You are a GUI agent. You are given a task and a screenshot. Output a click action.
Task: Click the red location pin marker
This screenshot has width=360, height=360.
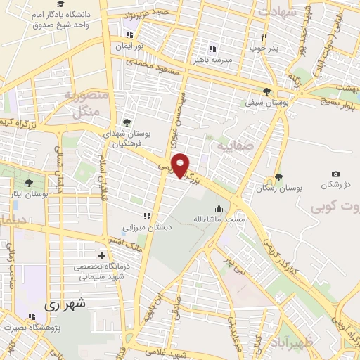click(x=181, y=165)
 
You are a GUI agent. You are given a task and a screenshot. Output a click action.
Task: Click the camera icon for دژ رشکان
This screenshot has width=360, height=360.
click(x=335, y=174)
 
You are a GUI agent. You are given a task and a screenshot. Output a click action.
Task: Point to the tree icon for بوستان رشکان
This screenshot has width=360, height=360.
click(x=279, y=177)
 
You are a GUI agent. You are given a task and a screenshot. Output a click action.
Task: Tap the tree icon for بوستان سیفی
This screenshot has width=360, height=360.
click(x=266, y=91)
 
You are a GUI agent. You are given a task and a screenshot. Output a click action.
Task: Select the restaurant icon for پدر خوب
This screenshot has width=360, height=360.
click(x=264, y=37)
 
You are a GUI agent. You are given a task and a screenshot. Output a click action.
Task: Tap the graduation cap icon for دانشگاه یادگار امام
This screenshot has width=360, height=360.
click(x=70, y=5)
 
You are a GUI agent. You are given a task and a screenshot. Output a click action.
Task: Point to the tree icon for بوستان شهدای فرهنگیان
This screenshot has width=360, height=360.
click(x=127, y=122)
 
